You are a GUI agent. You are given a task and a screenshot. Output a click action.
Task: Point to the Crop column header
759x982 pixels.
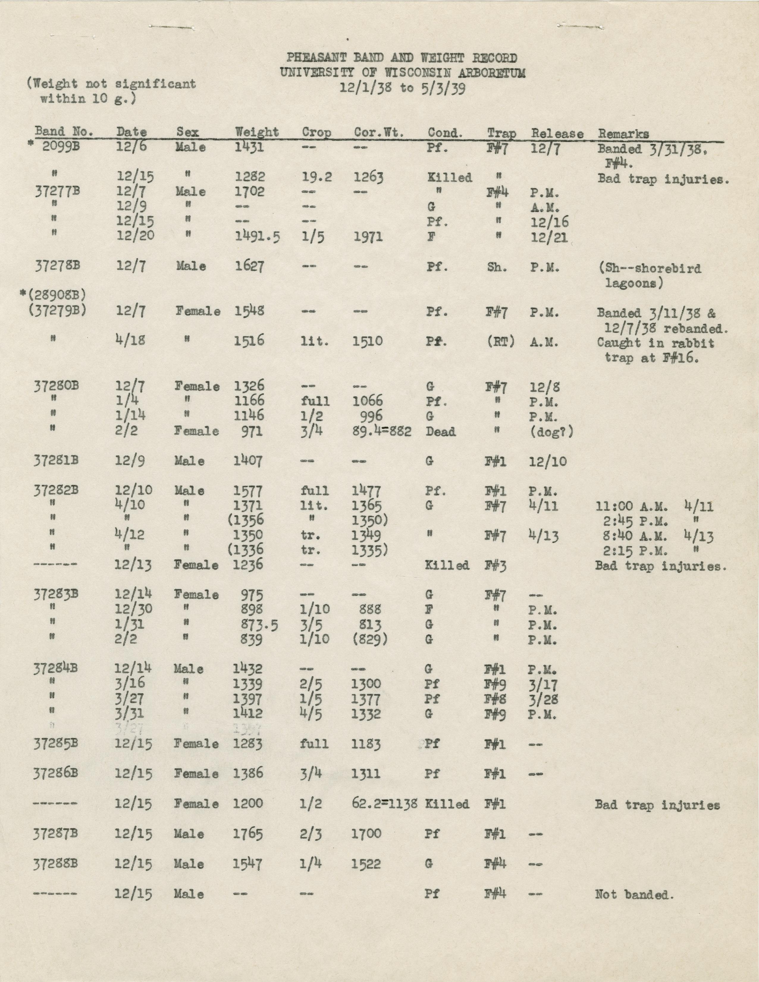(316, 133)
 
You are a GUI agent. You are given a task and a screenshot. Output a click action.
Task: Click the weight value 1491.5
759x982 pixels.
(258, 237)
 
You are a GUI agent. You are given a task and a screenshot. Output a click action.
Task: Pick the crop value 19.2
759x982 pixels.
(316, 177)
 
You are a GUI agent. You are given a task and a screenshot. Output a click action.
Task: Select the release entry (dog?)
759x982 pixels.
(552, 432)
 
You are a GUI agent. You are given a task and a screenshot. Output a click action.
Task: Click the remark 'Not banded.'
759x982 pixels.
(634, 895)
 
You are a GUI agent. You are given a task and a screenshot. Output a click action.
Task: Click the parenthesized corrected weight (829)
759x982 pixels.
(370, 640)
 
